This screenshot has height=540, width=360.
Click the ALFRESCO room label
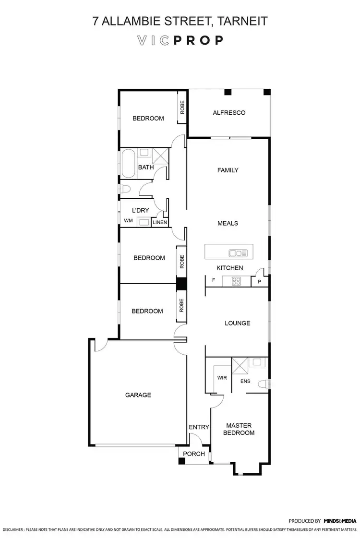[x=229, y=113]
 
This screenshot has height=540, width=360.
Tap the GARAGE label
[x=138, y=395]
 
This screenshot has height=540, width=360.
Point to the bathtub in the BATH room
[x=128, y=164]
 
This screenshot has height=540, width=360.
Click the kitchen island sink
[x=238, y=253]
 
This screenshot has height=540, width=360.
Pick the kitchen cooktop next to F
[x=236, y=281]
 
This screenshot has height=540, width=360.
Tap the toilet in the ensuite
[x=263, y=384]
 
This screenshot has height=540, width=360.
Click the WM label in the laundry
[x=128, y=221]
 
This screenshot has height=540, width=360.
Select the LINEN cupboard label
[x=160, y=222]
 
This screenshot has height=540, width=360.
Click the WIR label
[x=222, y=378]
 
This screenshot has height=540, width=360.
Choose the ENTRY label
[x=198, y=427]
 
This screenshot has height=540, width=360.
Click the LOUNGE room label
[x=237, y=323]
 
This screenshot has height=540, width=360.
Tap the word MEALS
[x=228, y=223]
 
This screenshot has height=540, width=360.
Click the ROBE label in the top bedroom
[x=182, y=106]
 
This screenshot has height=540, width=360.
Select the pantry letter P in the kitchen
[x=259, y=282]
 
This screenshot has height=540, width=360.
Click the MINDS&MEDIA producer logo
[x=340, y=520]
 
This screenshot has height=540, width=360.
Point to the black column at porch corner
[x=181, y=461]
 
